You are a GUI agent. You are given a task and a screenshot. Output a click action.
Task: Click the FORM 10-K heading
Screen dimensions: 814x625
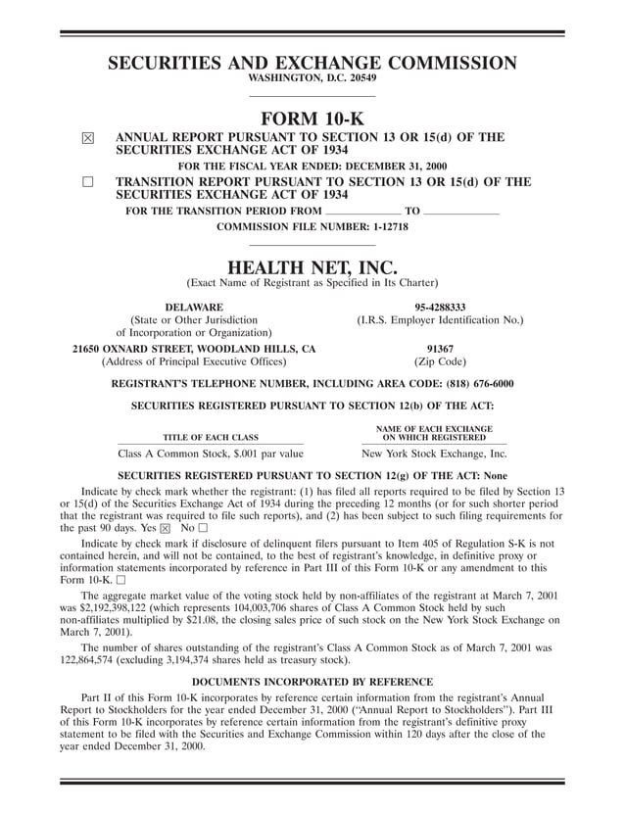[x=312, y=119]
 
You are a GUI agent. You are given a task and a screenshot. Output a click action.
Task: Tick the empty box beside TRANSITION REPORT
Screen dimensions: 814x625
[x=87, y=183]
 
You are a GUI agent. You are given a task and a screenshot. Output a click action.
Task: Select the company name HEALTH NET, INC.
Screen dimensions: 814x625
[x=312, y=266]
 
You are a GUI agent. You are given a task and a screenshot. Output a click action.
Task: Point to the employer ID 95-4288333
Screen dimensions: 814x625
[x=440, y=307]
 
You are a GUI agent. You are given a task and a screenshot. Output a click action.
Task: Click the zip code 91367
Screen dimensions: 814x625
[x=440, y=348]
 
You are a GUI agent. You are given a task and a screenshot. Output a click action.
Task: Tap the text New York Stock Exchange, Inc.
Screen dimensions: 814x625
[x=434, y=455]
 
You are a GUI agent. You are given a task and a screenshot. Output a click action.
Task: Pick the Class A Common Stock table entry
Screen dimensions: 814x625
[x=211, y=455]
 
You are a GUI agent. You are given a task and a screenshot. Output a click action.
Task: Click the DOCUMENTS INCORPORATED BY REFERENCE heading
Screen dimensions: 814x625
[x=312, y=680]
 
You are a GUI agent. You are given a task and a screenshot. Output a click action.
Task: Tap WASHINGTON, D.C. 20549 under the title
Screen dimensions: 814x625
[x=312, y=77]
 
